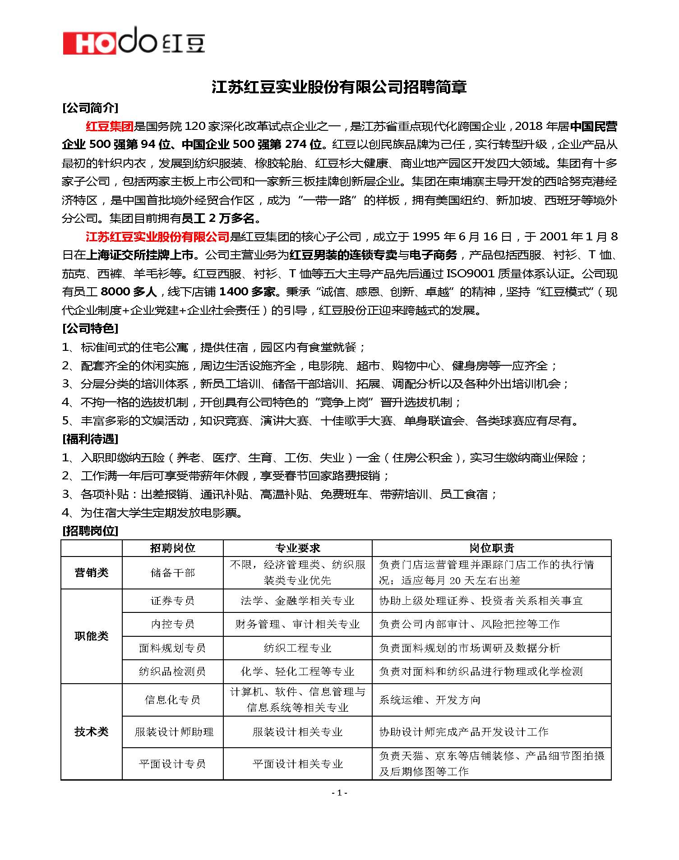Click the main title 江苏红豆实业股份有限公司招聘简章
tap(339, 87)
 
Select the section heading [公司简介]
tap(90, 108)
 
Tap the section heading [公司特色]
tap(90, 328)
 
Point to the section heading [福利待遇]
tap(90, 439)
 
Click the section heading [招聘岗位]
tap(90, 531)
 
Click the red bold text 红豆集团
tap(110, 127)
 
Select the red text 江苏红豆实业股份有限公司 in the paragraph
tap(157, 237)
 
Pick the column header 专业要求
tap(297, 548)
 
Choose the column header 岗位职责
tap(491, 548)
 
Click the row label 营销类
tap(92, 573)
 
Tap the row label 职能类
tap(92, 636)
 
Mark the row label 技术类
tap(92, 731)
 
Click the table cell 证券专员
tap(172, 601)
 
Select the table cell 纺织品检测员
tap(172, 671)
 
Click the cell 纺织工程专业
tap(297, 648)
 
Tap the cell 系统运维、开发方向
tap(430, 700)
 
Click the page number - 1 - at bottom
tap(339, 793)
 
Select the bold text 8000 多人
tap(129, 292)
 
